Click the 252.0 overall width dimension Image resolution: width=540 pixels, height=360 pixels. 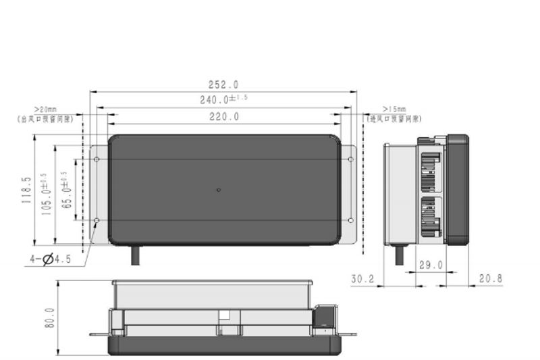coord(223,85)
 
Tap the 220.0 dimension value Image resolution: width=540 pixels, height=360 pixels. coord(223,117)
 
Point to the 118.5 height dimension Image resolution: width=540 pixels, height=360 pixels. coord(26,190)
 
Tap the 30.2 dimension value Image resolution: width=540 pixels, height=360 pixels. coord(362,278)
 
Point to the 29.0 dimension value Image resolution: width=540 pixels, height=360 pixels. coord(430,265)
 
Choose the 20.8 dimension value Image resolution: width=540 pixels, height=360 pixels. coord(490,278)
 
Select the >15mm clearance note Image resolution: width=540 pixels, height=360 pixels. coord(394,113)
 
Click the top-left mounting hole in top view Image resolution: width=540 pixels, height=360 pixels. coord(97,159)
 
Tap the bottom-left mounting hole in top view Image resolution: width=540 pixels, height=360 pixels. coord(97,221)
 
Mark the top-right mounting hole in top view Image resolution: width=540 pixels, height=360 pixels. coord(350,159)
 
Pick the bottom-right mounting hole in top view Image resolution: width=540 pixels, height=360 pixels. coord(350,221)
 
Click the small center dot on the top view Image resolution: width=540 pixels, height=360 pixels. coord(218,190)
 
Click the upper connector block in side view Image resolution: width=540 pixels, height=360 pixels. coord(430,172)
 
